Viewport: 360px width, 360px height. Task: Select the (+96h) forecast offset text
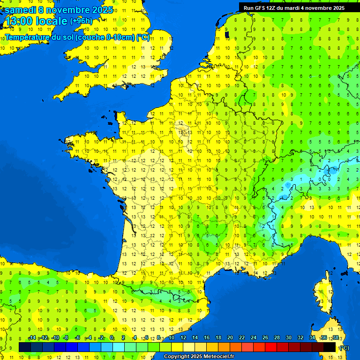(x=81, y=21)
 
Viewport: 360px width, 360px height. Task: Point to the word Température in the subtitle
(x=28, y=37)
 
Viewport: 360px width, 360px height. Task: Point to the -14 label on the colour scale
(x=32, y=338)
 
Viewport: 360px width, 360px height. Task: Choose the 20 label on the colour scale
(x=230, y=338)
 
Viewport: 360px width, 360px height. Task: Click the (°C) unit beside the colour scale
(x=345, y=348)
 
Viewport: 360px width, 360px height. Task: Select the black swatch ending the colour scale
(x=330, y=347)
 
